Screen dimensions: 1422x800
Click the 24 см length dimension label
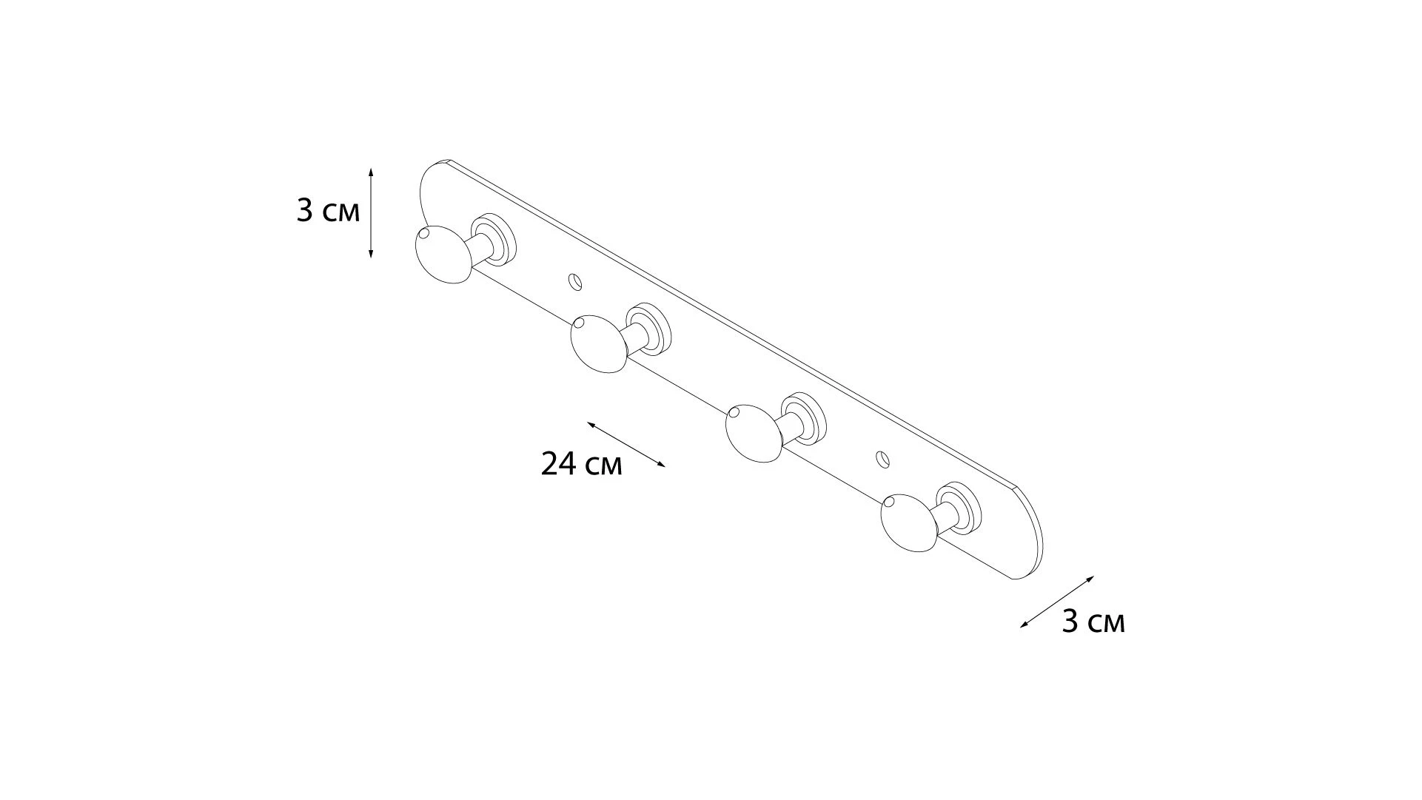coord(582,464)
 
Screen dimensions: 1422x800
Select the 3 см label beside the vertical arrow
coord(328,211)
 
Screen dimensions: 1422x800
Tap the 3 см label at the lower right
coord(1093,622)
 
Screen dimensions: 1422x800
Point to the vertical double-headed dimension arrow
coord(371,212)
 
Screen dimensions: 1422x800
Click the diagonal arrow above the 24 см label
coord(626,444)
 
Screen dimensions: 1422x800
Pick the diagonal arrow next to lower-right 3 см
coord(1057,602)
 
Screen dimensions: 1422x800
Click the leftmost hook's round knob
coord(443,254)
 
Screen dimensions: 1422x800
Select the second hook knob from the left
coord(600,343)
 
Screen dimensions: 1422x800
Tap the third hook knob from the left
coord(754,433)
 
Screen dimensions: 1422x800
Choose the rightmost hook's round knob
coord(910,523)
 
